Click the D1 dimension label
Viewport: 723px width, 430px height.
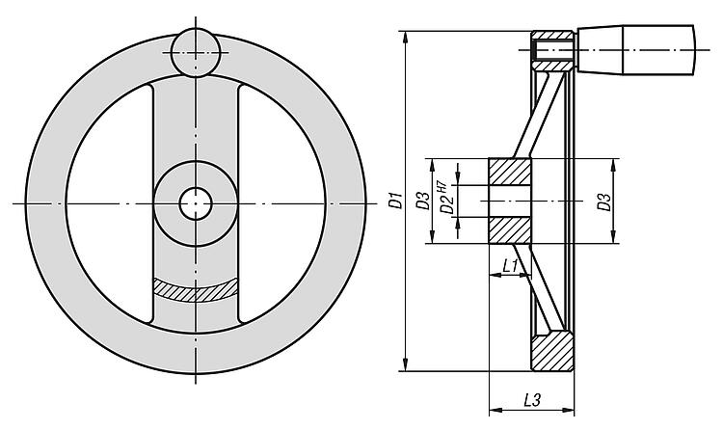point(395,202)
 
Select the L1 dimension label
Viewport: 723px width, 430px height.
point(510,266)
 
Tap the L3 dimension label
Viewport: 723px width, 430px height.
point(532,400)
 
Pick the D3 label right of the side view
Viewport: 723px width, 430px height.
point(604,202)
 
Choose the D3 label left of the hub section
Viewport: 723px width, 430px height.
point(423,201)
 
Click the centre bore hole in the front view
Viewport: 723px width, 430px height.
point(196,203)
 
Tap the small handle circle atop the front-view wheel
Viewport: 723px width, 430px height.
point(196,53)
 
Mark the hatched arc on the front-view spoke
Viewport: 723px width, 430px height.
point(196,290)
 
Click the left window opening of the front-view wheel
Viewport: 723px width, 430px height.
point(108,203)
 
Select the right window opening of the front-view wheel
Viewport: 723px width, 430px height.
point(282,203)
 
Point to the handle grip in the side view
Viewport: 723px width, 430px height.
point(635,49)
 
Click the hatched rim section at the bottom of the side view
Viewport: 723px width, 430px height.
point(553,352)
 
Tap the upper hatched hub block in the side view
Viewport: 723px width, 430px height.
point(510,172)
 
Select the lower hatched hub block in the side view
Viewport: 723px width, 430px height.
point(510,230)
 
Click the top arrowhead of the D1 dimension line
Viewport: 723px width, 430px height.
point(405,37)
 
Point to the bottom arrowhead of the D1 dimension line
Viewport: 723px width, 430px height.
point(405,364)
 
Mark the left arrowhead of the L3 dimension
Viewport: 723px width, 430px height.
point(495,409)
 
